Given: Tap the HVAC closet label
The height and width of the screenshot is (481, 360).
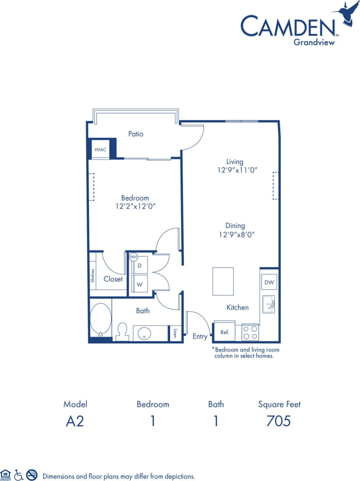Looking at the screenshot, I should click(x=101, y=150).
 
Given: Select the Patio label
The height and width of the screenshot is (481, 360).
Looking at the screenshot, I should click(x=136, y=134).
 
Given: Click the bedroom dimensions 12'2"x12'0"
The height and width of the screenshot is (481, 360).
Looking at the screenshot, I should click(x=135, y=207).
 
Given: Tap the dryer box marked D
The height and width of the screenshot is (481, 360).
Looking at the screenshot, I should click(x=139, y=266).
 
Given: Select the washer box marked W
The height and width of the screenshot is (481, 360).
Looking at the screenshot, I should click(x=139, y=284).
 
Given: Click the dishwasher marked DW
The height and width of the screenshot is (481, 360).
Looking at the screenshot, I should click(x=270, y=282).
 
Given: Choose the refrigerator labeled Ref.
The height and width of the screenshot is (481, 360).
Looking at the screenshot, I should click(x=224, y=332).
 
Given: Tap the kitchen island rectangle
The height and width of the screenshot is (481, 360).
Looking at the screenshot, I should click(x=223, y=281).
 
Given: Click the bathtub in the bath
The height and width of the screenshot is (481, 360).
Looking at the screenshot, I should click(x=100, y=319).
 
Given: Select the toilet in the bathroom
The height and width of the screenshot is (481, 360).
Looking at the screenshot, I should click(x=122, y=332).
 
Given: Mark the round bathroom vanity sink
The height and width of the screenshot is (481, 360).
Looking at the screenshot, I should click(x=144, y=333).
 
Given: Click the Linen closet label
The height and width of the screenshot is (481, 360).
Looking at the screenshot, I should click(x=175, y=333).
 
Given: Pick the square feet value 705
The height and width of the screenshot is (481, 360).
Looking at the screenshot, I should click(x=279, y=421).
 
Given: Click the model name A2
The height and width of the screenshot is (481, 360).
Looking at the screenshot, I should click(x=75, y=421).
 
